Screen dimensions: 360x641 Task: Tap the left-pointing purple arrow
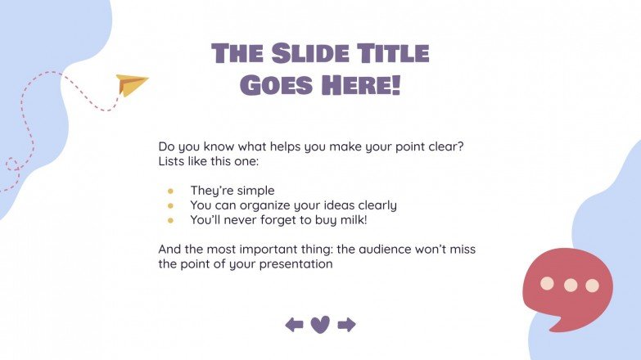[294, 325]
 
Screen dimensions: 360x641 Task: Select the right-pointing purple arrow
[346, 325]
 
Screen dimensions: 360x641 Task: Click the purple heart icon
[320, 325]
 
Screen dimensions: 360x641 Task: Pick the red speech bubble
[567, 287]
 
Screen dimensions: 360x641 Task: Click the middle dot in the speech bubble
[571, 285]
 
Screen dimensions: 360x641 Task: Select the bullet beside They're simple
[170, 191]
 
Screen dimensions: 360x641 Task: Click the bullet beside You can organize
[170, 205]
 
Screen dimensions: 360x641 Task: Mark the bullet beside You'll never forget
[170, 220]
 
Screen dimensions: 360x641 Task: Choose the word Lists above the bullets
[174, 162]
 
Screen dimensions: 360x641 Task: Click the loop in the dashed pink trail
[12, 164]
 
